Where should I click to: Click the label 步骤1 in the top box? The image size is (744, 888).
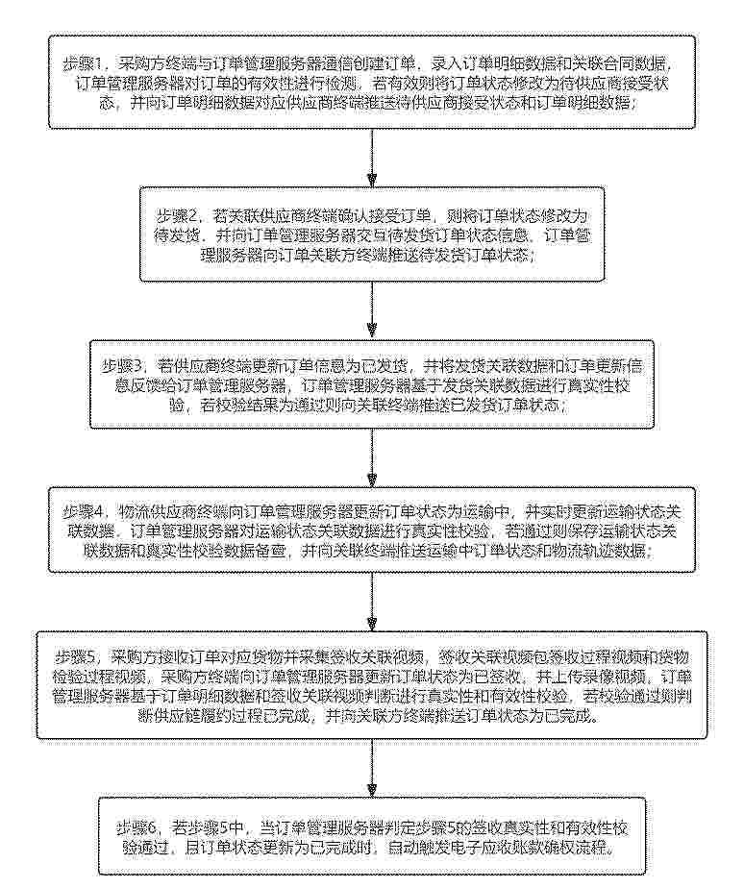coord(85,63)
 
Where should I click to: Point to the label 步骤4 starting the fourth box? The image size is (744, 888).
coord(86,508)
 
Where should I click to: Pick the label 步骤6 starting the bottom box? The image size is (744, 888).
coord(137,827)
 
